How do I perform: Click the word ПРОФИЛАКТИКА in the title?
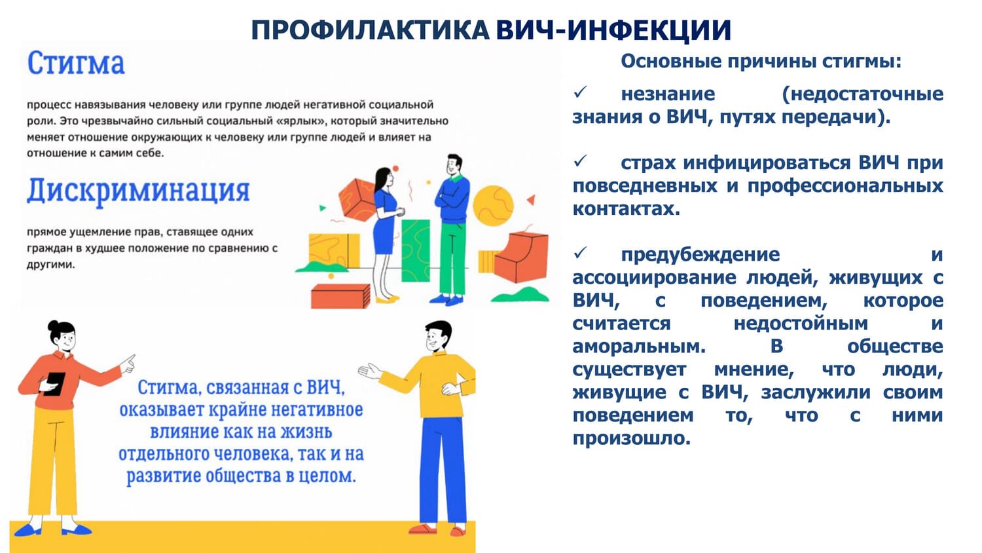point(371,31)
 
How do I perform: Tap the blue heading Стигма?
point(76,64)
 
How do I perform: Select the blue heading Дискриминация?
point(139,191)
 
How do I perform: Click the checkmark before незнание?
point(580,92)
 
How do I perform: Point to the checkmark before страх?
point(580,162)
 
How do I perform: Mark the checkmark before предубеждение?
point(580,253)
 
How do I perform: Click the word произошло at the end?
point(631,438)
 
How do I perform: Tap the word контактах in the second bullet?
point(626,209)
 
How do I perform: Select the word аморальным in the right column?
point(639,347)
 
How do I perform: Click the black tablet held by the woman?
point(55,384)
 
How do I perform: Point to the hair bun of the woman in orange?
point(54,325)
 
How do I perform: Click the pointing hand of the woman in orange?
point(128,364)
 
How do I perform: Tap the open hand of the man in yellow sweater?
point(370,372)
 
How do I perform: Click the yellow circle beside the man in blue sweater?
point(493,206)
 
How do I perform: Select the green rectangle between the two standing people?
point(416,250)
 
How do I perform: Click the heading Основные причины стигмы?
point(761,62)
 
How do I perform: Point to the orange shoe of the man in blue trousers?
point(422,528)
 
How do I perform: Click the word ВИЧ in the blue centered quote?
point(325,387)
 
